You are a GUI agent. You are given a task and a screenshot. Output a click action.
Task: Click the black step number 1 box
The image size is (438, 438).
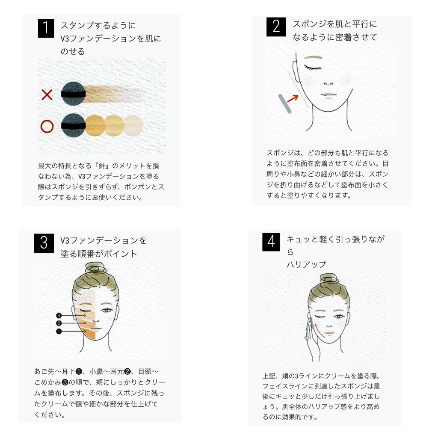[x=46, y=28]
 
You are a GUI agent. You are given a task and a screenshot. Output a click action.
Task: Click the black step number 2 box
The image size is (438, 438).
[x=276, y=27]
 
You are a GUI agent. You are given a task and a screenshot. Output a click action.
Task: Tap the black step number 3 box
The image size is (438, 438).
[x=44, y=243]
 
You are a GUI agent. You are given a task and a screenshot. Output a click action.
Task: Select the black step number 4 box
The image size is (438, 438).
[x=271, y=242]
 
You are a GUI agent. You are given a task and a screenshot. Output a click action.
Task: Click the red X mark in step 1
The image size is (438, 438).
[x=47, y=95]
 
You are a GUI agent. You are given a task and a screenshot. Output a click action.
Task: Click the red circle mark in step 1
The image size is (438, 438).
[x=47, y=126]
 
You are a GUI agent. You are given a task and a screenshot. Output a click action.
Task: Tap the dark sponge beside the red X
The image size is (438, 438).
[x=74, y=94]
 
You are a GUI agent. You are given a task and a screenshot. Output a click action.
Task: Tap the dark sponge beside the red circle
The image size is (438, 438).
[x=74, y=125]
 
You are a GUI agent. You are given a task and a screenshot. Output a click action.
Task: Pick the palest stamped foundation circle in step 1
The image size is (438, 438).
[x=133, y=126]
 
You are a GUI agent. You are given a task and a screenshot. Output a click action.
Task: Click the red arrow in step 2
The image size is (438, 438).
[x=293, y=98]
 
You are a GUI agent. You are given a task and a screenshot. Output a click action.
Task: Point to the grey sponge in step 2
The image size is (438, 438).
[x=285, y=104]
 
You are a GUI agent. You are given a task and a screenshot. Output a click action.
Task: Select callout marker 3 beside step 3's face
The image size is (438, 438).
[x=59, y=315]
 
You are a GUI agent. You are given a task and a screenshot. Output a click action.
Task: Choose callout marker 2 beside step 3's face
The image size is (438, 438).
[x=59, y=323]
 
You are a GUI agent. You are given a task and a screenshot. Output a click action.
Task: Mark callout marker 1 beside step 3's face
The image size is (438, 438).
[x=59, y=331]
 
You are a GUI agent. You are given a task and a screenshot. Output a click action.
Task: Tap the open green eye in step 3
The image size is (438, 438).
[x=107, y=310]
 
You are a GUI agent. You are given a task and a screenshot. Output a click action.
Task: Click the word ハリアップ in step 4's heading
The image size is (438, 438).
[x=306, y=264]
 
